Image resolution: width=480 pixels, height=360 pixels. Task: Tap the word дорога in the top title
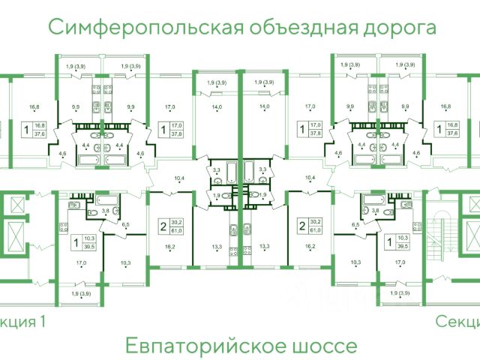click(x=397, y=28)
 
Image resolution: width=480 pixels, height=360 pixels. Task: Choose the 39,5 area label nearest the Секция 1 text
click(x=90, y=245)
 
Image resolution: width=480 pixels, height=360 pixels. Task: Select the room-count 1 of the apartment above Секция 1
click(x=76, y=241)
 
